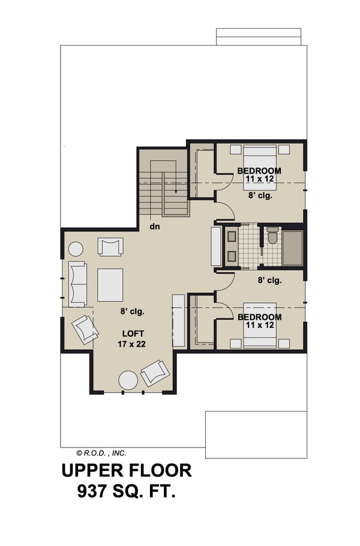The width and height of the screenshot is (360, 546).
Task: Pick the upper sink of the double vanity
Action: click(232, 236)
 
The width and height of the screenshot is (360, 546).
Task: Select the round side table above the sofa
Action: click(76, 249)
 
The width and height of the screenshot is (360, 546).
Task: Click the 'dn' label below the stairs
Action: click(154, 227)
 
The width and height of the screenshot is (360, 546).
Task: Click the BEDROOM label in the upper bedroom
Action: click(260, 170)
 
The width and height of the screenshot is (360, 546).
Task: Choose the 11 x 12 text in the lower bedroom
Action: click(260, 325)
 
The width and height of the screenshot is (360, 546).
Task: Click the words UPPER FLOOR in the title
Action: click(127, 470)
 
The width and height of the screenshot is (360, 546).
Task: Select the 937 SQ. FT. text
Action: click(127, 493)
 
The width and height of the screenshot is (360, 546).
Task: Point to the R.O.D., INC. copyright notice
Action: click(101, 454)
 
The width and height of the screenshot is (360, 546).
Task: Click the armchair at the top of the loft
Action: click(111, 247)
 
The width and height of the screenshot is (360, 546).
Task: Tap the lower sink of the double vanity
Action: click(232, 256)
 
